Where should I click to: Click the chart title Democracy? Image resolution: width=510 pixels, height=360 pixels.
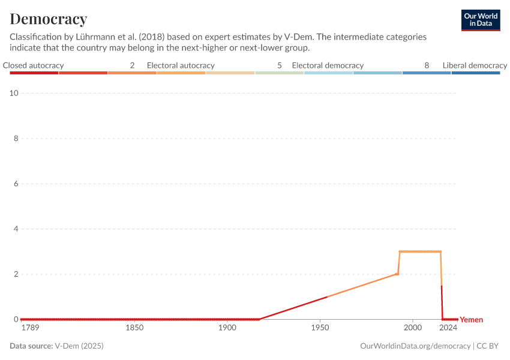point(49,19)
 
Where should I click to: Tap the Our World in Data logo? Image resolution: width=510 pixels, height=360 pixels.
point(481,20)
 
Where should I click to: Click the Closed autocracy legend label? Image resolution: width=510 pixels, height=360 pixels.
point(33,65)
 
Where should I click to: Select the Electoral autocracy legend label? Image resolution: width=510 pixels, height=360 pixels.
point(181,65)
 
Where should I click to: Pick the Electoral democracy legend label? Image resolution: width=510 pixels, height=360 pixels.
point(328,65)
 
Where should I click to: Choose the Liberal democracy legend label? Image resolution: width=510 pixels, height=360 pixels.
point(475,65)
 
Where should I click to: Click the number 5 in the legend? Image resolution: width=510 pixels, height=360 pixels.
point(280,65)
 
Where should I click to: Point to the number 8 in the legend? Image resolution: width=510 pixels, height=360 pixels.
point(427,65)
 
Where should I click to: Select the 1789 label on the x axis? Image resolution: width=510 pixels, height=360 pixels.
point(30,328)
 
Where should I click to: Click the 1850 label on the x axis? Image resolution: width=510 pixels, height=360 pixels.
point(135,328)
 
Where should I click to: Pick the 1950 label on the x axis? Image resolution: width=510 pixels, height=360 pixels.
point(320,328)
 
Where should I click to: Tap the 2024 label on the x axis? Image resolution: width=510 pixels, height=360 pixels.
point(448,328)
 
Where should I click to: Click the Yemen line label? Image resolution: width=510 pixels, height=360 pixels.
point(471,320)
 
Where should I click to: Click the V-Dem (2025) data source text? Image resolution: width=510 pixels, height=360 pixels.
point(83,346)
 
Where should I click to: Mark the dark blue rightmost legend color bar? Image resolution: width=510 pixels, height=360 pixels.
point(475,73)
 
